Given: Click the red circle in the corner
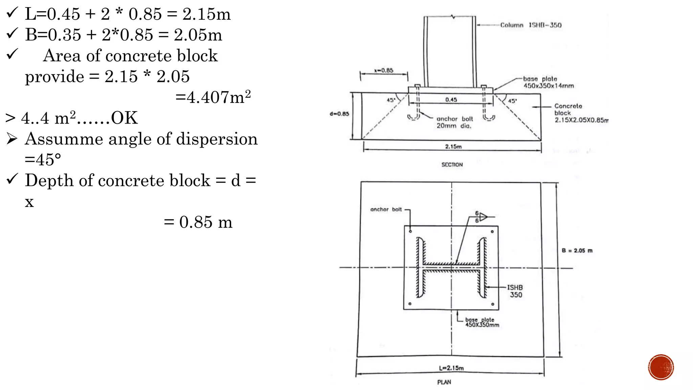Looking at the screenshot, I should (x=661, y=367).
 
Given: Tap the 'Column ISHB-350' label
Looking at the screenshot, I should (x=531, y=25).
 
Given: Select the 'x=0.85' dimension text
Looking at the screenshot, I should (x=384, y=70).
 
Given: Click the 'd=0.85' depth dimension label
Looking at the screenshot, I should (x=339, y=114).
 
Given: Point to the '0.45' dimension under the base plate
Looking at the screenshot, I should (x=451, y=100).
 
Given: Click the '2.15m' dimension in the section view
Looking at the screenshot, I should (x=453, y=147).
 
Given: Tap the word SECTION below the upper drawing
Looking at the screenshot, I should (x=452, y=165).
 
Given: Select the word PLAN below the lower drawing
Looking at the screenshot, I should (x=444, y=382).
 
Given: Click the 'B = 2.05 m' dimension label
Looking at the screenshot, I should (x=577, y=251).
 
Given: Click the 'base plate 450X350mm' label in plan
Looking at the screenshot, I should (x=482, y=322).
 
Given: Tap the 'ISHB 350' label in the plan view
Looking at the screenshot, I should (x=515, y=291).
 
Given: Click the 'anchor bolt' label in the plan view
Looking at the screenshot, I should (x=386, y=210).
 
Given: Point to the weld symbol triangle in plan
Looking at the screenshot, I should (x=483, y=217).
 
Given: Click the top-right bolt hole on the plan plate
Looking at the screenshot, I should (x=492, y=232).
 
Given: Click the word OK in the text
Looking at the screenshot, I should (x=124, y=118).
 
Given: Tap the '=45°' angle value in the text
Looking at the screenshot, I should (x=43, y=159).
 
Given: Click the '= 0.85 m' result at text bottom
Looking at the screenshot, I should (x=198, y=222).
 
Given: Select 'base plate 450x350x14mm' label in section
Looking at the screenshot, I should (x=548, y=82).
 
